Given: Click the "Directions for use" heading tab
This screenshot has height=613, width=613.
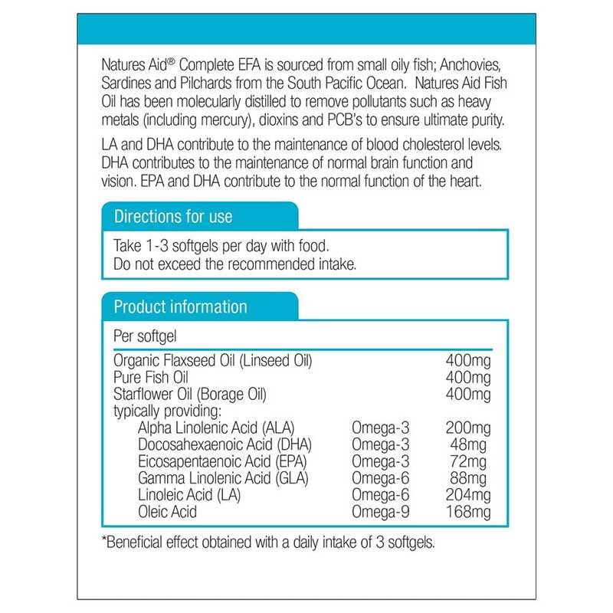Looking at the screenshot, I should click(173, 216).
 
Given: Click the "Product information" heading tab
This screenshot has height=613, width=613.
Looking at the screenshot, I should click(181, 307).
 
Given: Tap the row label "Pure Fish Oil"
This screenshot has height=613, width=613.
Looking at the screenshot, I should click(151, 377).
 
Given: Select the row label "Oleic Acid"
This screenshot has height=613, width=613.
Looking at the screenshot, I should click(167, 511).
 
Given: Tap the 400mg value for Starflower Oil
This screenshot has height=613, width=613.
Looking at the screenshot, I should click(468, 394).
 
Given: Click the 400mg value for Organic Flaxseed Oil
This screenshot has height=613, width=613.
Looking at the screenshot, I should click(468, 360).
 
